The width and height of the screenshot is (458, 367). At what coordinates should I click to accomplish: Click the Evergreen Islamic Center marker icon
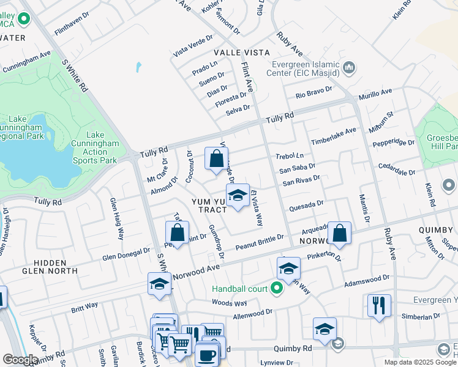pos(350,67)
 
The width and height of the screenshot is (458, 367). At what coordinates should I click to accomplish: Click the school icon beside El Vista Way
pos(238,196)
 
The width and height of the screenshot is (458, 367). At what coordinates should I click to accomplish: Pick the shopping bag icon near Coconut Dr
pos(216,159)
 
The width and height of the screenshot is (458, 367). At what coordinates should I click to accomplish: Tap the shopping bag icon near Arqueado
pos(340,234)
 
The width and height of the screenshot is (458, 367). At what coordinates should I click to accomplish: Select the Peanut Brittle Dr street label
pos(260,242)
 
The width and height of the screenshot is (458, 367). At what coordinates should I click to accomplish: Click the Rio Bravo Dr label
pos(313,92)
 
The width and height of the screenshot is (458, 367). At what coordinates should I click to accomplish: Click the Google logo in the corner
pos(20,360)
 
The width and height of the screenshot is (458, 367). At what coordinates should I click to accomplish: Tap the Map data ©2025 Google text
pos(420,361)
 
